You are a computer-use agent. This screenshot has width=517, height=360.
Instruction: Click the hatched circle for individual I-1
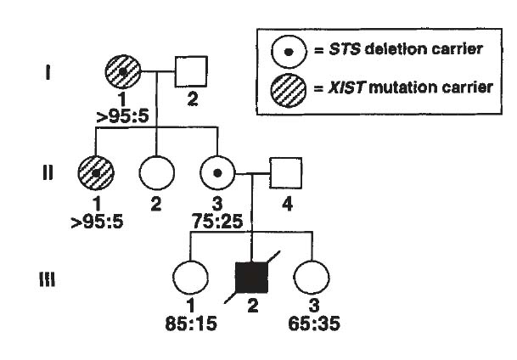tap(124, 73)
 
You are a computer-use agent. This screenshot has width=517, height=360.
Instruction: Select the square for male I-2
tap(193, 73)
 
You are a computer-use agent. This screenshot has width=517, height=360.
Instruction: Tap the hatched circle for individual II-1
tap(96, 172)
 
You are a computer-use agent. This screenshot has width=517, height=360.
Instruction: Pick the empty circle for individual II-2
tap(155, 172)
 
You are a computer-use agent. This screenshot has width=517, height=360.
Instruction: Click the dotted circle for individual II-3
tap(217, 172)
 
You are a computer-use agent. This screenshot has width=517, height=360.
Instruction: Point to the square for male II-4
tap(285, 172)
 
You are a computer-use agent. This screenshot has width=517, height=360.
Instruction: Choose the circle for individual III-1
tap(190, 277)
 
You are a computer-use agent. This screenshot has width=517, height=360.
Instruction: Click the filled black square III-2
tap(252, 277)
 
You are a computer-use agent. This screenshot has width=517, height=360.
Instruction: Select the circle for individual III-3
tap(312, 277)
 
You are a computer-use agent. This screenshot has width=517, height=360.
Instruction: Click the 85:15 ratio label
tap(191, 323)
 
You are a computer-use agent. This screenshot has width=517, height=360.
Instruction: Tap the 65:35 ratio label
tap(313, 323)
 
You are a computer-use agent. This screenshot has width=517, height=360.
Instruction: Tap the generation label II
tap(48, 173)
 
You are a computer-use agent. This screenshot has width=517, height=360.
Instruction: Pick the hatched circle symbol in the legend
tap(289, 88)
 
